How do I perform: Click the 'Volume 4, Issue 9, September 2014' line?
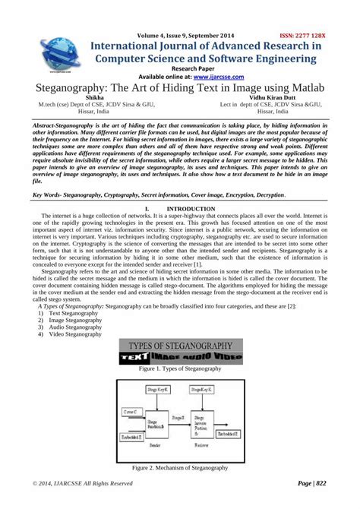pos(185,35)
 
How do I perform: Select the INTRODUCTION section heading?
pos(195,208)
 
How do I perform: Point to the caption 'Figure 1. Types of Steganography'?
pos(180,368)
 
